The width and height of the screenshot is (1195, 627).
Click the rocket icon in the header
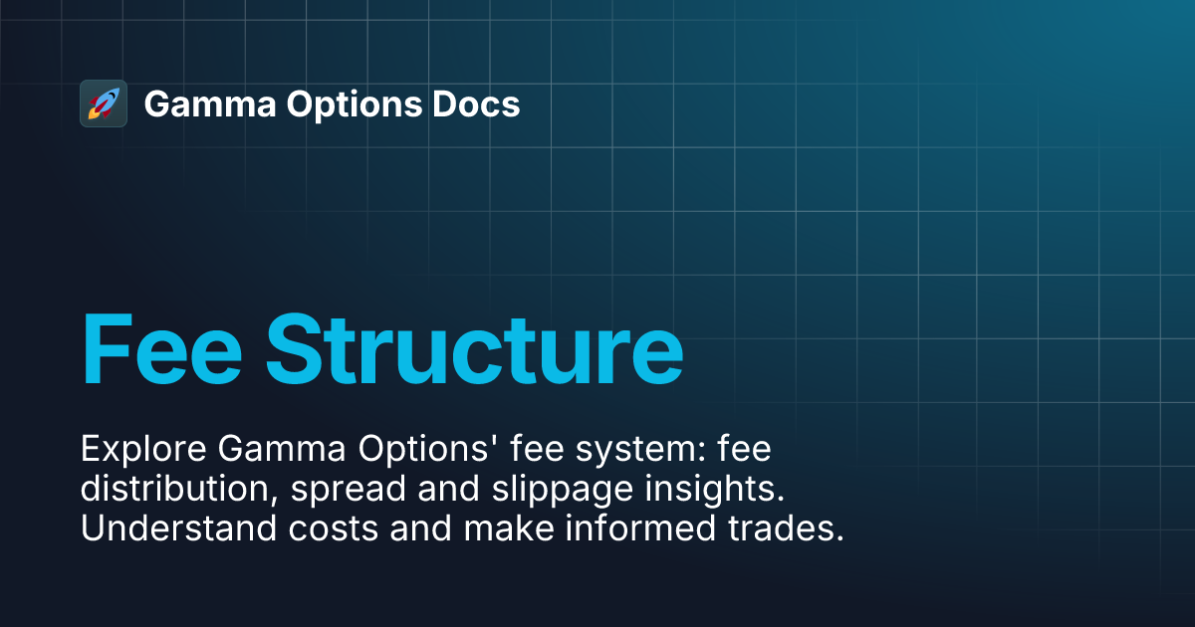(104, 104)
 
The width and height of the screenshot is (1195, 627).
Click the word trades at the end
(787, 529)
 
